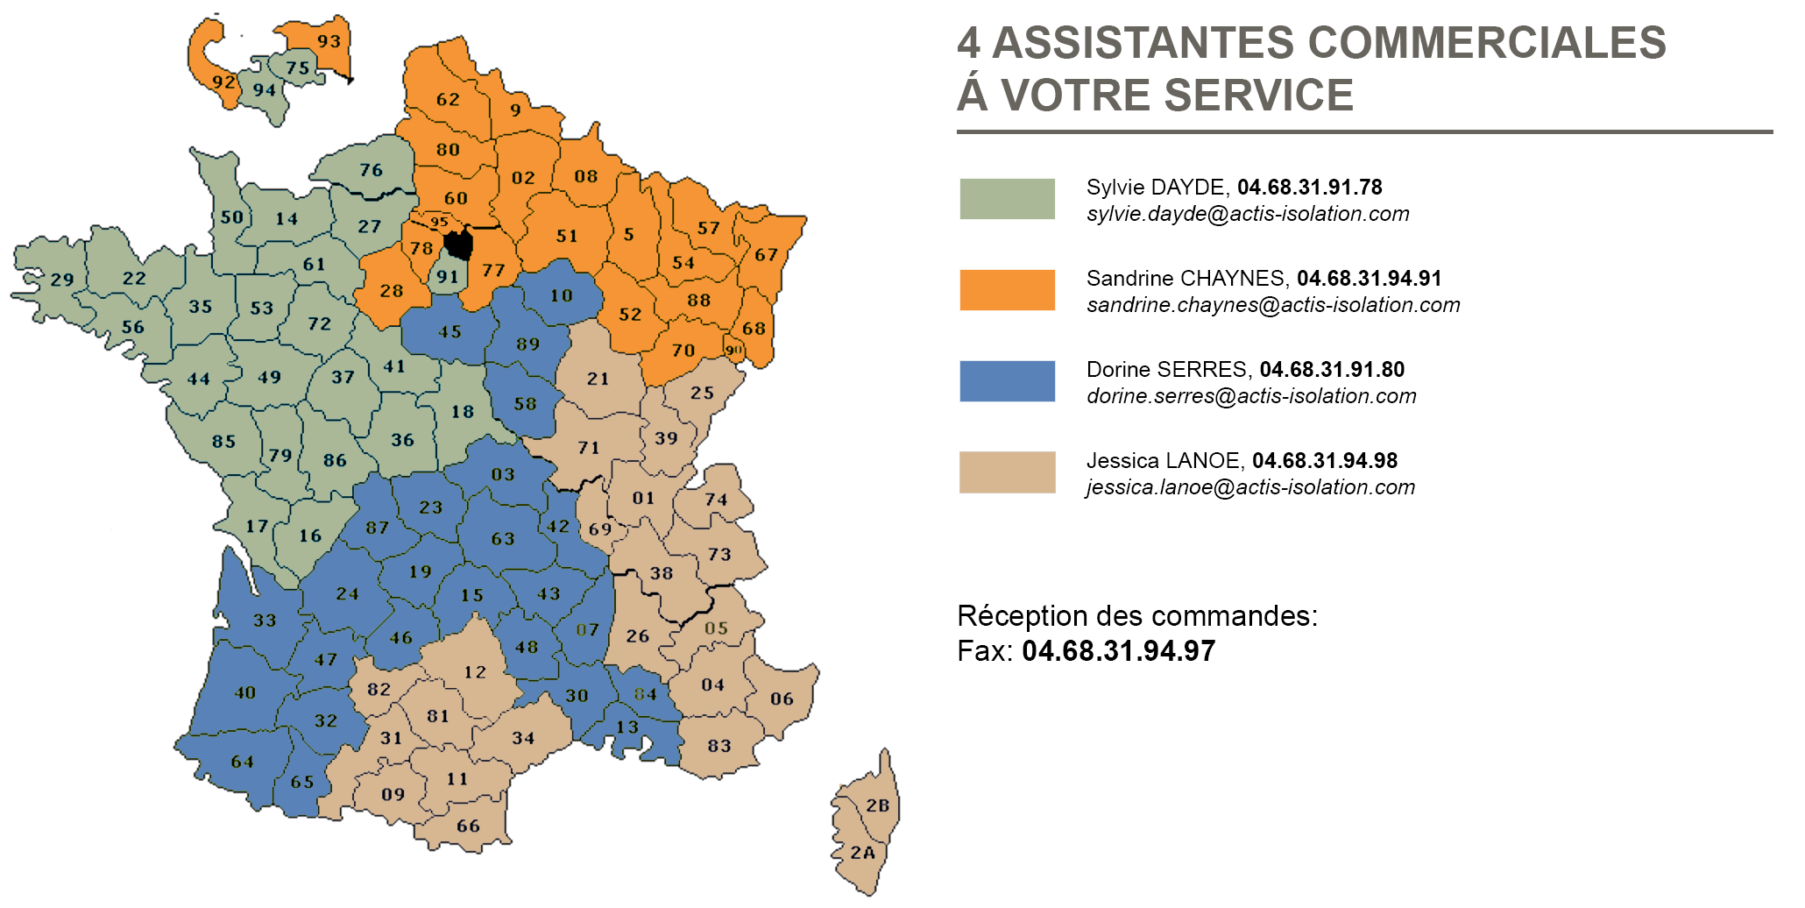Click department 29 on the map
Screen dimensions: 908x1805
pos(61,280)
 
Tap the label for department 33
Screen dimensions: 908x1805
pos(265,621)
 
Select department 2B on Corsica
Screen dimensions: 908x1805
pos(877,805)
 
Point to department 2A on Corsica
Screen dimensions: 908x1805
pos(863,852)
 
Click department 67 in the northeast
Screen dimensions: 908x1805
pos(766,255)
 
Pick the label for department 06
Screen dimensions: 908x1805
pos(782,699)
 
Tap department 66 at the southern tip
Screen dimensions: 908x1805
pos(468,826)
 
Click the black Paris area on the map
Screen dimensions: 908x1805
pos(458,244)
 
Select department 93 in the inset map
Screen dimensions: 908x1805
pos(329,41)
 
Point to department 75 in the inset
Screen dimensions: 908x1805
pos(298,67)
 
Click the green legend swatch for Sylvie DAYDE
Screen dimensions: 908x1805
pos(1007,199)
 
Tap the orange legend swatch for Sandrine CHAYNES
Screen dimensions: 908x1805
pos(1007,290)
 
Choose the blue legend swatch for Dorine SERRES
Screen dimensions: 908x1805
pos(1007,381)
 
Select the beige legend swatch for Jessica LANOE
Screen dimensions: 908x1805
pos(1007,472)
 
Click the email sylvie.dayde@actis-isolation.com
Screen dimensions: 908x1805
pos(1248,214)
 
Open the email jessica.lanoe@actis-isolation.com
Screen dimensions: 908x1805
pos(1250,487)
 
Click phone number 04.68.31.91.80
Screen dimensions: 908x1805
pos(1332,370)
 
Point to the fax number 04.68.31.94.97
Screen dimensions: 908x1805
pos(1118,651)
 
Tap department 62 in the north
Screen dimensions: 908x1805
pos(448,99)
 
